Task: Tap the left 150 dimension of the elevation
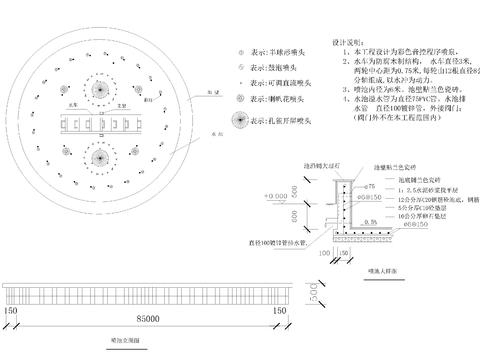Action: click(x=10, y=310)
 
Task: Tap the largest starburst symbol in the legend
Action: click(x=240, y=120)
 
